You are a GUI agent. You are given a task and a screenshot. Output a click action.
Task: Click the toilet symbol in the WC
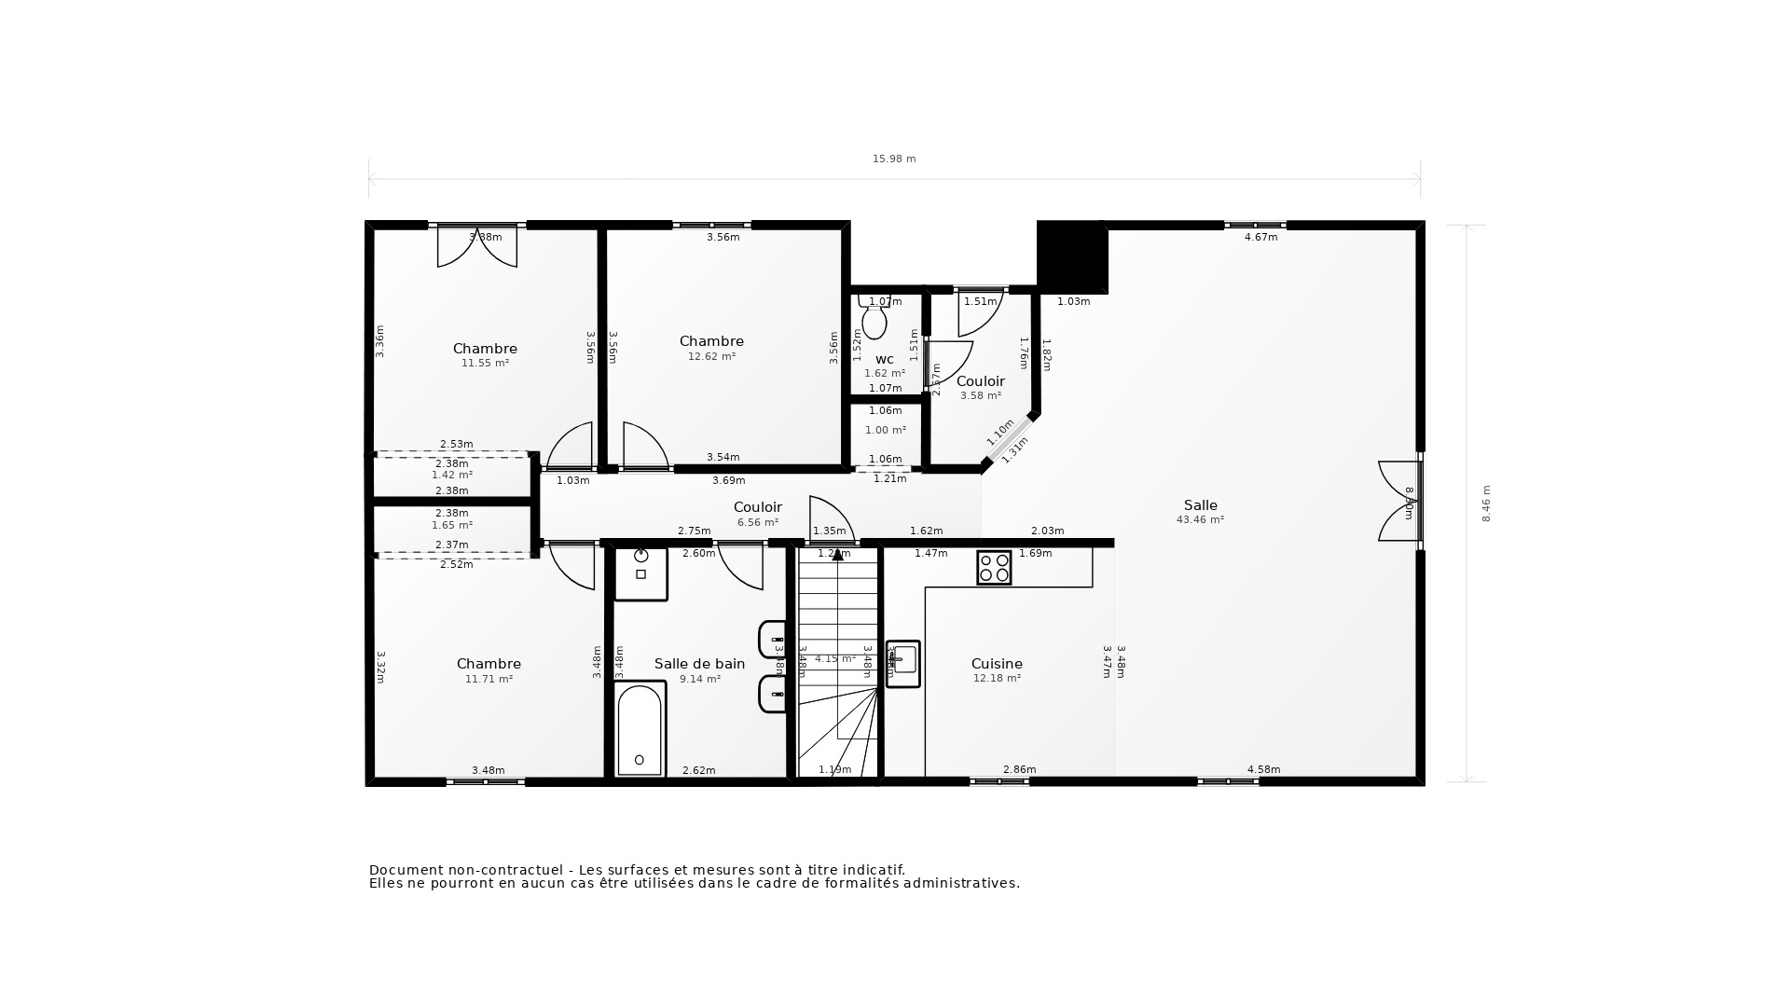click(874, 320)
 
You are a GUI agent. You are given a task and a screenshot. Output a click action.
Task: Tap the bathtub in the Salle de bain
click(640, 728)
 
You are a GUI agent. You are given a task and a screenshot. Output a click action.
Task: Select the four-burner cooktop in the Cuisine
click(994, 567)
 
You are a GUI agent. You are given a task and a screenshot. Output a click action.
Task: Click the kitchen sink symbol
click(902, 663)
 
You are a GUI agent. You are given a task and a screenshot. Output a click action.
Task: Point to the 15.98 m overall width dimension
click(894, 159)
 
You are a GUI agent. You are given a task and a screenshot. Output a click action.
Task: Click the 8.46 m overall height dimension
click(1486, 504)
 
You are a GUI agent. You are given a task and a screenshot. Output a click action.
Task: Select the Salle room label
click(1200, 505)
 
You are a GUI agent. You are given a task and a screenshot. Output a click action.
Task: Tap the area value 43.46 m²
click(1200, 520)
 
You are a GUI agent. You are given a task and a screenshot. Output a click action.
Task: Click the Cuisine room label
click(997, 664)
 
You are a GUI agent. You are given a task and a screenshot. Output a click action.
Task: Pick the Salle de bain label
click(699, 664)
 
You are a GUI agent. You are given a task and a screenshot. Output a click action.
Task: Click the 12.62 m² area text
click(711, 356)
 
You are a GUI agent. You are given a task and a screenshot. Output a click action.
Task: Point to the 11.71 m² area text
click(489, 679)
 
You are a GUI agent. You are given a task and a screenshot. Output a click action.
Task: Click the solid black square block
click(1071, 256)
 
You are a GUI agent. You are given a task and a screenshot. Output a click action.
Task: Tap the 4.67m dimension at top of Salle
click(1260, 237)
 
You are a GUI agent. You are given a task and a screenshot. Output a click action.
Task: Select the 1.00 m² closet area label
click(885, 430)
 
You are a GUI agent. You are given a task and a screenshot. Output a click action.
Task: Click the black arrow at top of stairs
click(837, 555)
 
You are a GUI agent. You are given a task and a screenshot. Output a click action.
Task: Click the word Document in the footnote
click(405, 870)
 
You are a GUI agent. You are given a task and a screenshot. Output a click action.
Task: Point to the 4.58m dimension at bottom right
click(1263, 769)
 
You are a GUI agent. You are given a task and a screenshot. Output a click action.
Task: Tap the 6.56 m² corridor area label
click(757, 522)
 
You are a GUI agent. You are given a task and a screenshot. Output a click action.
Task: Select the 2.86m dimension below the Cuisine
click(1019, 769)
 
